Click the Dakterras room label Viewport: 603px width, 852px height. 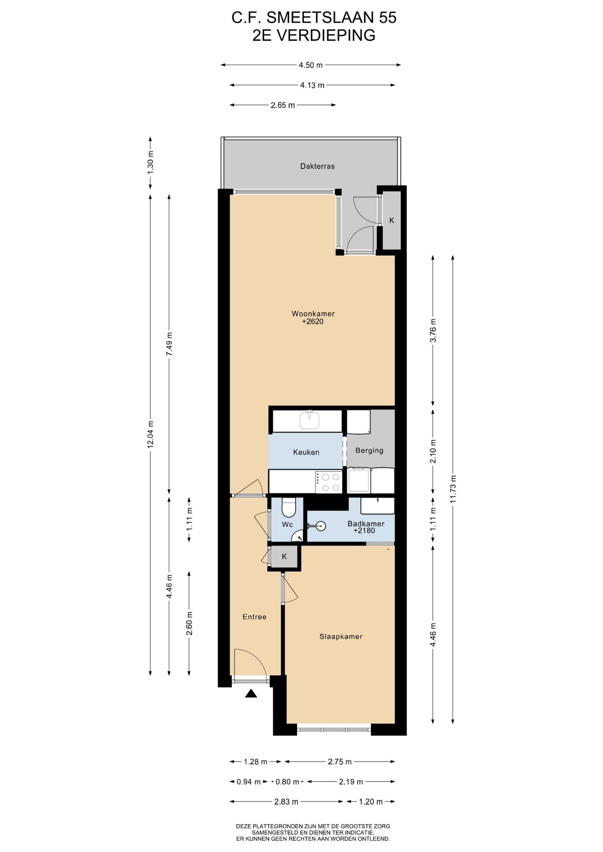pos(317,166)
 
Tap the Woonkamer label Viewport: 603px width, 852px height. pos(313,314)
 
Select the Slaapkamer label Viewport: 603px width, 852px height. pos(341,636)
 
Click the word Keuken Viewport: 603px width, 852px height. pos(306,452)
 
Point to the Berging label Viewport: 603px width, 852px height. pos(369,450)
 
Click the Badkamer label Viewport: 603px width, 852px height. pos(366,524)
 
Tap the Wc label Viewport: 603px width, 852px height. pos(287,525)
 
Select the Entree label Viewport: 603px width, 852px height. pos(254,617)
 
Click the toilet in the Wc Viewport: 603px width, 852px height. pos(289,508)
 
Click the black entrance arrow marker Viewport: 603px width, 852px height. pos(251,693)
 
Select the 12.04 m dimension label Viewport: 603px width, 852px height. pos(151,434)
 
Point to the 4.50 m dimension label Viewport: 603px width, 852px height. pos(311,65)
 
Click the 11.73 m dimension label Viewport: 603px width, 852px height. pos(452,489)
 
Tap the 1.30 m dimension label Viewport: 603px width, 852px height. pos(151,162)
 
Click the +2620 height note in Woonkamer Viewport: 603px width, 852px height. pos(313,321)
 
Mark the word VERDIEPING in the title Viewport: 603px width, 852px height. pos(326,35)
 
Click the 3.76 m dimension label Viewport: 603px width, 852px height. pos(433,331)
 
